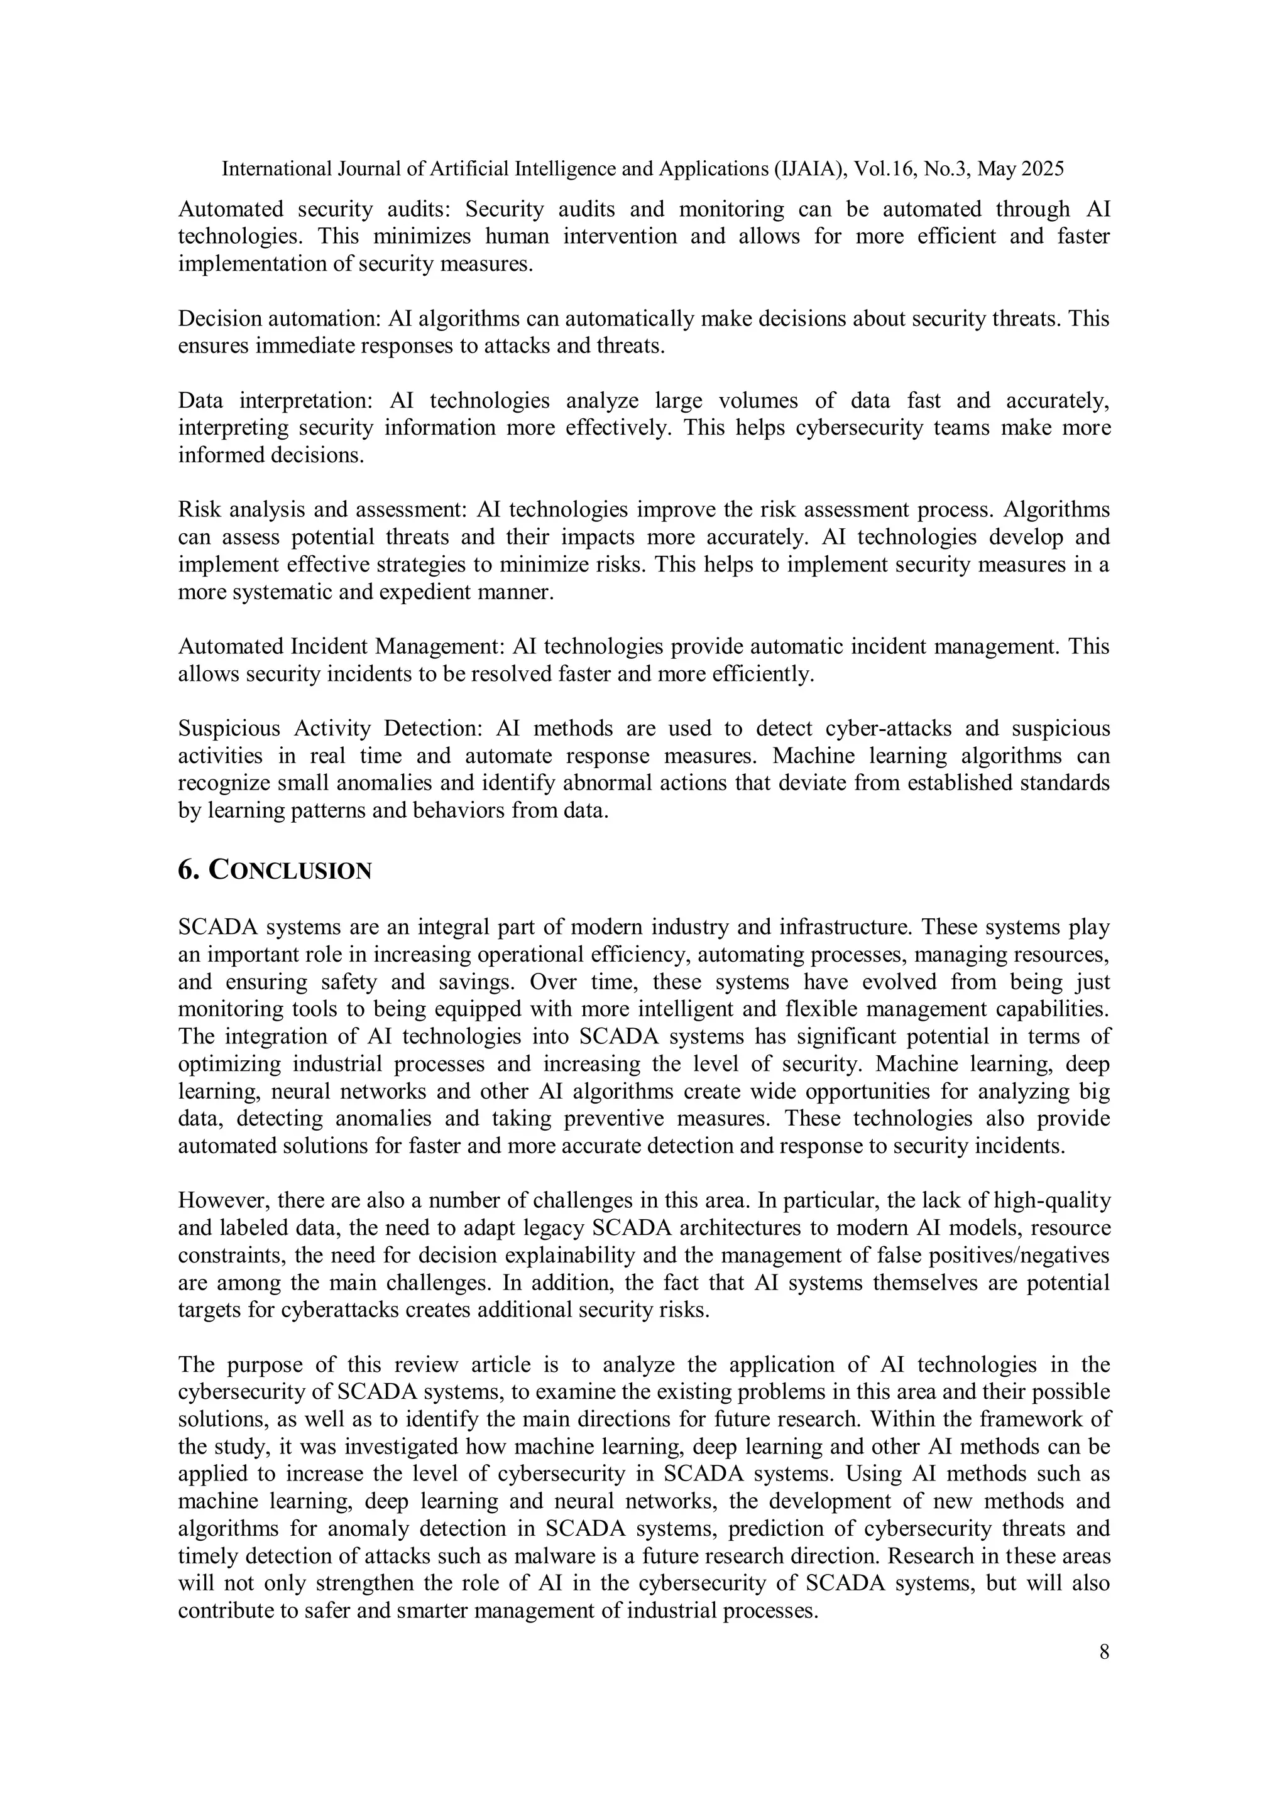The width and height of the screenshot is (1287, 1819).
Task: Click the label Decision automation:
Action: tap(279, 319)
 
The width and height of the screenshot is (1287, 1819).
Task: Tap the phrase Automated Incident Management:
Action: tap(342, 646)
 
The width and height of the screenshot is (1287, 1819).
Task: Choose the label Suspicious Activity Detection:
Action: tap(331, 729)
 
